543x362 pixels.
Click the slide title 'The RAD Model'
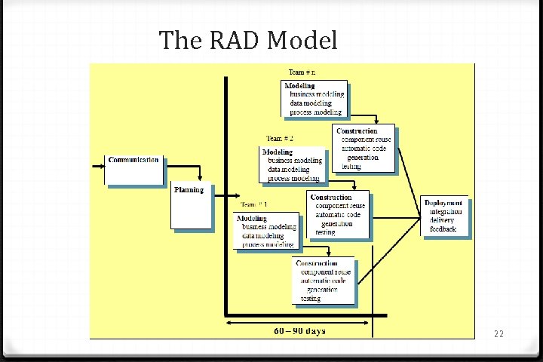(x=248, y=40)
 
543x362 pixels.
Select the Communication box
(x=133, y=170)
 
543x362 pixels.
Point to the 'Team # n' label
(x=302, y=72)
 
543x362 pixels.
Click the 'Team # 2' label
(x=280, y=139)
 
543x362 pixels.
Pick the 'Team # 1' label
(x=253, y=204)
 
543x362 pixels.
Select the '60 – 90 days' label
(x=299, y=330)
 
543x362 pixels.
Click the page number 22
(x=499, y=333)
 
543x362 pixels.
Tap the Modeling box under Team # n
(x=314, y=99)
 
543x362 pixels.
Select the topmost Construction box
(x=365, y=149)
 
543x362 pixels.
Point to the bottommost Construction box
(x=324, y=281)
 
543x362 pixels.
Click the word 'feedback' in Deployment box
(x=443, y=229)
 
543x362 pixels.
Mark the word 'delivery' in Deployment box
(x=443, y=220)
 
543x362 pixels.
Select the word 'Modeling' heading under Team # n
(x=299, y=86)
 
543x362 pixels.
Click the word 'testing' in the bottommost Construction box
(x=311, y=299)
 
